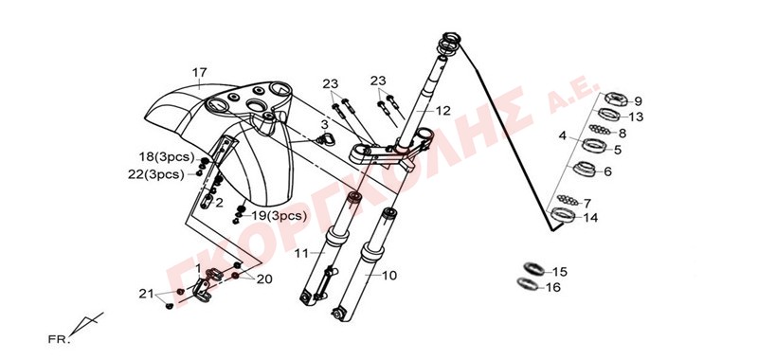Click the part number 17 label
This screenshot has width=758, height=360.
point(199,73)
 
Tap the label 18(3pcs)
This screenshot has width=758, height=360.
point(167,157)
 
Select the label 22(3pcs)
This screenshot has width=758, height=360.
point(156,175)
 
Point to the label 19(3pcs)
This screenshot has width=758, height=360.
point(279,215)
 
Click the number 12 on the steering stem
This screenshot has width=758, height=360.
point(442,111)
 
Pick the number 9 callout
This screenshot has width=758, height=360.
point(638,101)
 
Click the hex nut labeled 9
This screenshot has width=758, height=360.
point(616,99)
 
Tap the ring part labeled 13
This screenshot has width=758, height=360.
point(609,115)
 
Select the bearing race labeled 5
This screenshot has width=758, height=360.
point(594,145)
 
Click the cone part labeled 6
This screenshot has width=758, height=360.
point(586,169)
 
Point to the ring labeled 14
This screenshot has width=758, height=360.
point(563,214)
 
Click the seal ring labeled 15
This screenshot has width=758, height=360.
point(533,268)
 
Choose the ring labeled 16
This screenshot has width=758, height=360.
point(527,284)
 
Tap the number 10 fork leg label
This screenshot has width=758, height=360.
point(388,276)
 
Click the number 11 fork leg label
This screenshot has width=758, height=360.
point(301,253)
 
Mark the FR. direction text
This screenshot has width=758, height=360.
point(59,339)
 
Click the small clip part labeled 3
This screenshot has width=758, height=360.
point(325,139)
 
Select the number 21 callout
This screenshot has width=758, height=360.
point(146,294)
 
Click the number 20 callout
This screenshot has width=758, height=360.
point(264,279)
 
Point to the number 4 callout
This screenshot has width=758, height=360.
point(562,135)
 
